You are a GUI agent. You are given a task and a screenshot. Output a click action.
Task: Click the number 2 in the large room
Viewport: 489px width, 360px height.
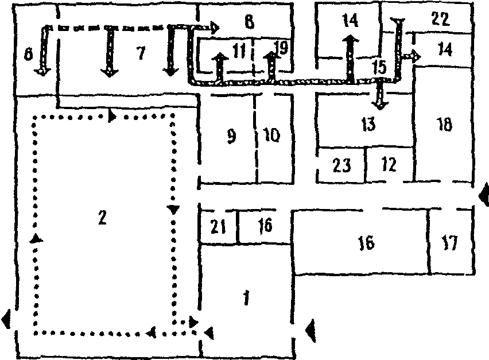tap(102, 218)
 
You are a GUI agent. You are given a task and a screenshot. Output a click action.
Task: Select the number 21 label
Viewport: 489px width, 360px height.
tap(218, 227)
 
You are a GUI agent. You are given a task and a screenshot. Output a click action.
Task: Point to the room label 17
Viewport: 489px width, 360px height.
tap(450, 243)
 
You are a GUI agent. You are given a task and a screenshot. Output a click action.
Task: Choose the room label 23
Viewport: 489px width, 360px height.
tap(341, 166)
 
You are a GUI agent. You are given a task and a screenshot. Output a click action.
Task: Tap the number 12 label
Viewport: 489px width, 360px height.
tap(389, 165)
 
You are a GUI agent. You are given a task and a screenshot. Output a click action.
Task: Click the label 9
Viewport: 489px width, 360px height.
tap(231, 137)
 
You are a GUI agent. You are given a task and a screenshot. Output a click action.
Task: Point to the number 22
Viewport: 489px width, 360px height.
tap(439, 18)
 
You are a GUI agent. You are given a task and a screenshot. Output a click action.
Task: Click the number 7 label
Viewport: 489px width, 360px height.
tap(138, 53)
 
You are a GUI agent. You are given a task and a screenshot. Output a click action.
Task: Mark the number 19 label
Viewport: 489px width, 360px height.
tap(281, 48)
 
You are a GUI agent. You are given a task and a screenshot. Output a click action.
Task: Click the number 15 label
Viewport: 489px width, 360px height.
tap(378, 67)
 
